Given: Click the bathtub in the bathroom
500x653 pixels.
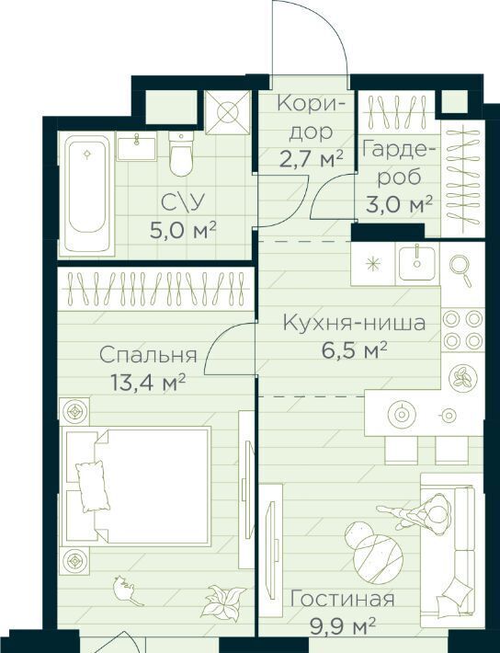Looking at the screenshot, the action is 86,194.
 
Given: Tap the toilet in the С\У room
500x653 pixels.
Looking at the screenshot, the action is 181,155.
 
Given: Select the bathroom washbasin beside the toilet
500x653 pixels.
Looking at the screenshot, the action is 137,146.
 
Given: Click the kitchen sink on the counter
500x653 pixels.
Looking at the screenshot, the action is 416,262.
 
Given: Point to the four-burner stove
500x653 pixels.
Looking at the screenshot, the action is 462,330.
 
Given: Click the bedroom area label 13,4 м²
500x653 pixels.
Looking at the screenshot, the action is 147,383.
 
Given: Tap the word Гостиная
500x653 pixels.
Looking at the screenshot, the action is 342,600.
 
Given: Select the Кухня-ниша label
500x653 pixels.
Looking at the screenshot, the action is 354,323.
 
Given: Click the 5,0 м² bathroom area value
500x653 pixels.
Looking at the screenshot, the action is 183,230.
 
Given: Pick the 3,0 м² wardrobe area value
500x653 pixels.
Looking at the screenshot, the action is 399,204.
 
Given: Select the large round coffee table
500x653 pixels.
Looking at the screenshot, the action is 378,556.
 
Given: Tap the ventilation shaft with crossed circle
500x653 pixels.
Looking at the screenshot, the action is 228,112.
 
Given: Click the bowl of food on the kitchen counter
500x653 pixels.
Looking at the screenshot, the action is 462,378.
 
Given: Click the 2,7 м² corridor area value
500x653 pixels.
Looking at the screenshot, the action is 312,159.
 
